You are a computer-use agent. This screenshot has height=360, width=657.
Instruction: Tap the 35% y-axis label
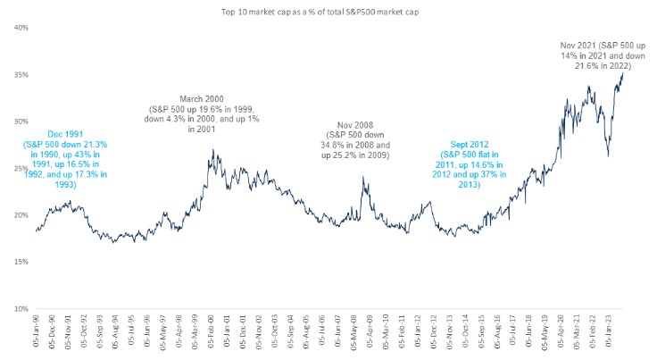[20, 74]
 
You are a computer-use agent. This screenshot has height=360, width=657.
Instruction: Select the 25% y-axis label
[20, 168]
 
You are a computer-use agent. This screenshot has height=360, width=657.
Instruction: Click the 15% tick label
[20, 262]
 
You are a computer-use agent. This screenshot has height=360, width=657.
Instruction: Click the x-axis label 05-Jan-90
[37, 335]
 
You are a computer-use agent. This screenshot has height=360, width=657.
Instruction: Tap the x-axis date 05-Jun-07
[343, 335]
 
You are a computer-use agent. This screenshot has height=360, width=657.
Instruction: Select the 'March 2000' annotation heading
[201, 98]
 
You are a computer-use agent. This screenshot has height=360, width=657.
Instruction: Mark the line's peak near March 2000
[211, 151]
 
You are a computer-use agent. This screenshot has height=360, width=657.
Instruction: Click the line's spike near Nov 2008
[363, 177]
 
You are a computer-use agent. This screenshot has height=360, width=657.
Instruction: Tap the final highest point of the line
[621, 72]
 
